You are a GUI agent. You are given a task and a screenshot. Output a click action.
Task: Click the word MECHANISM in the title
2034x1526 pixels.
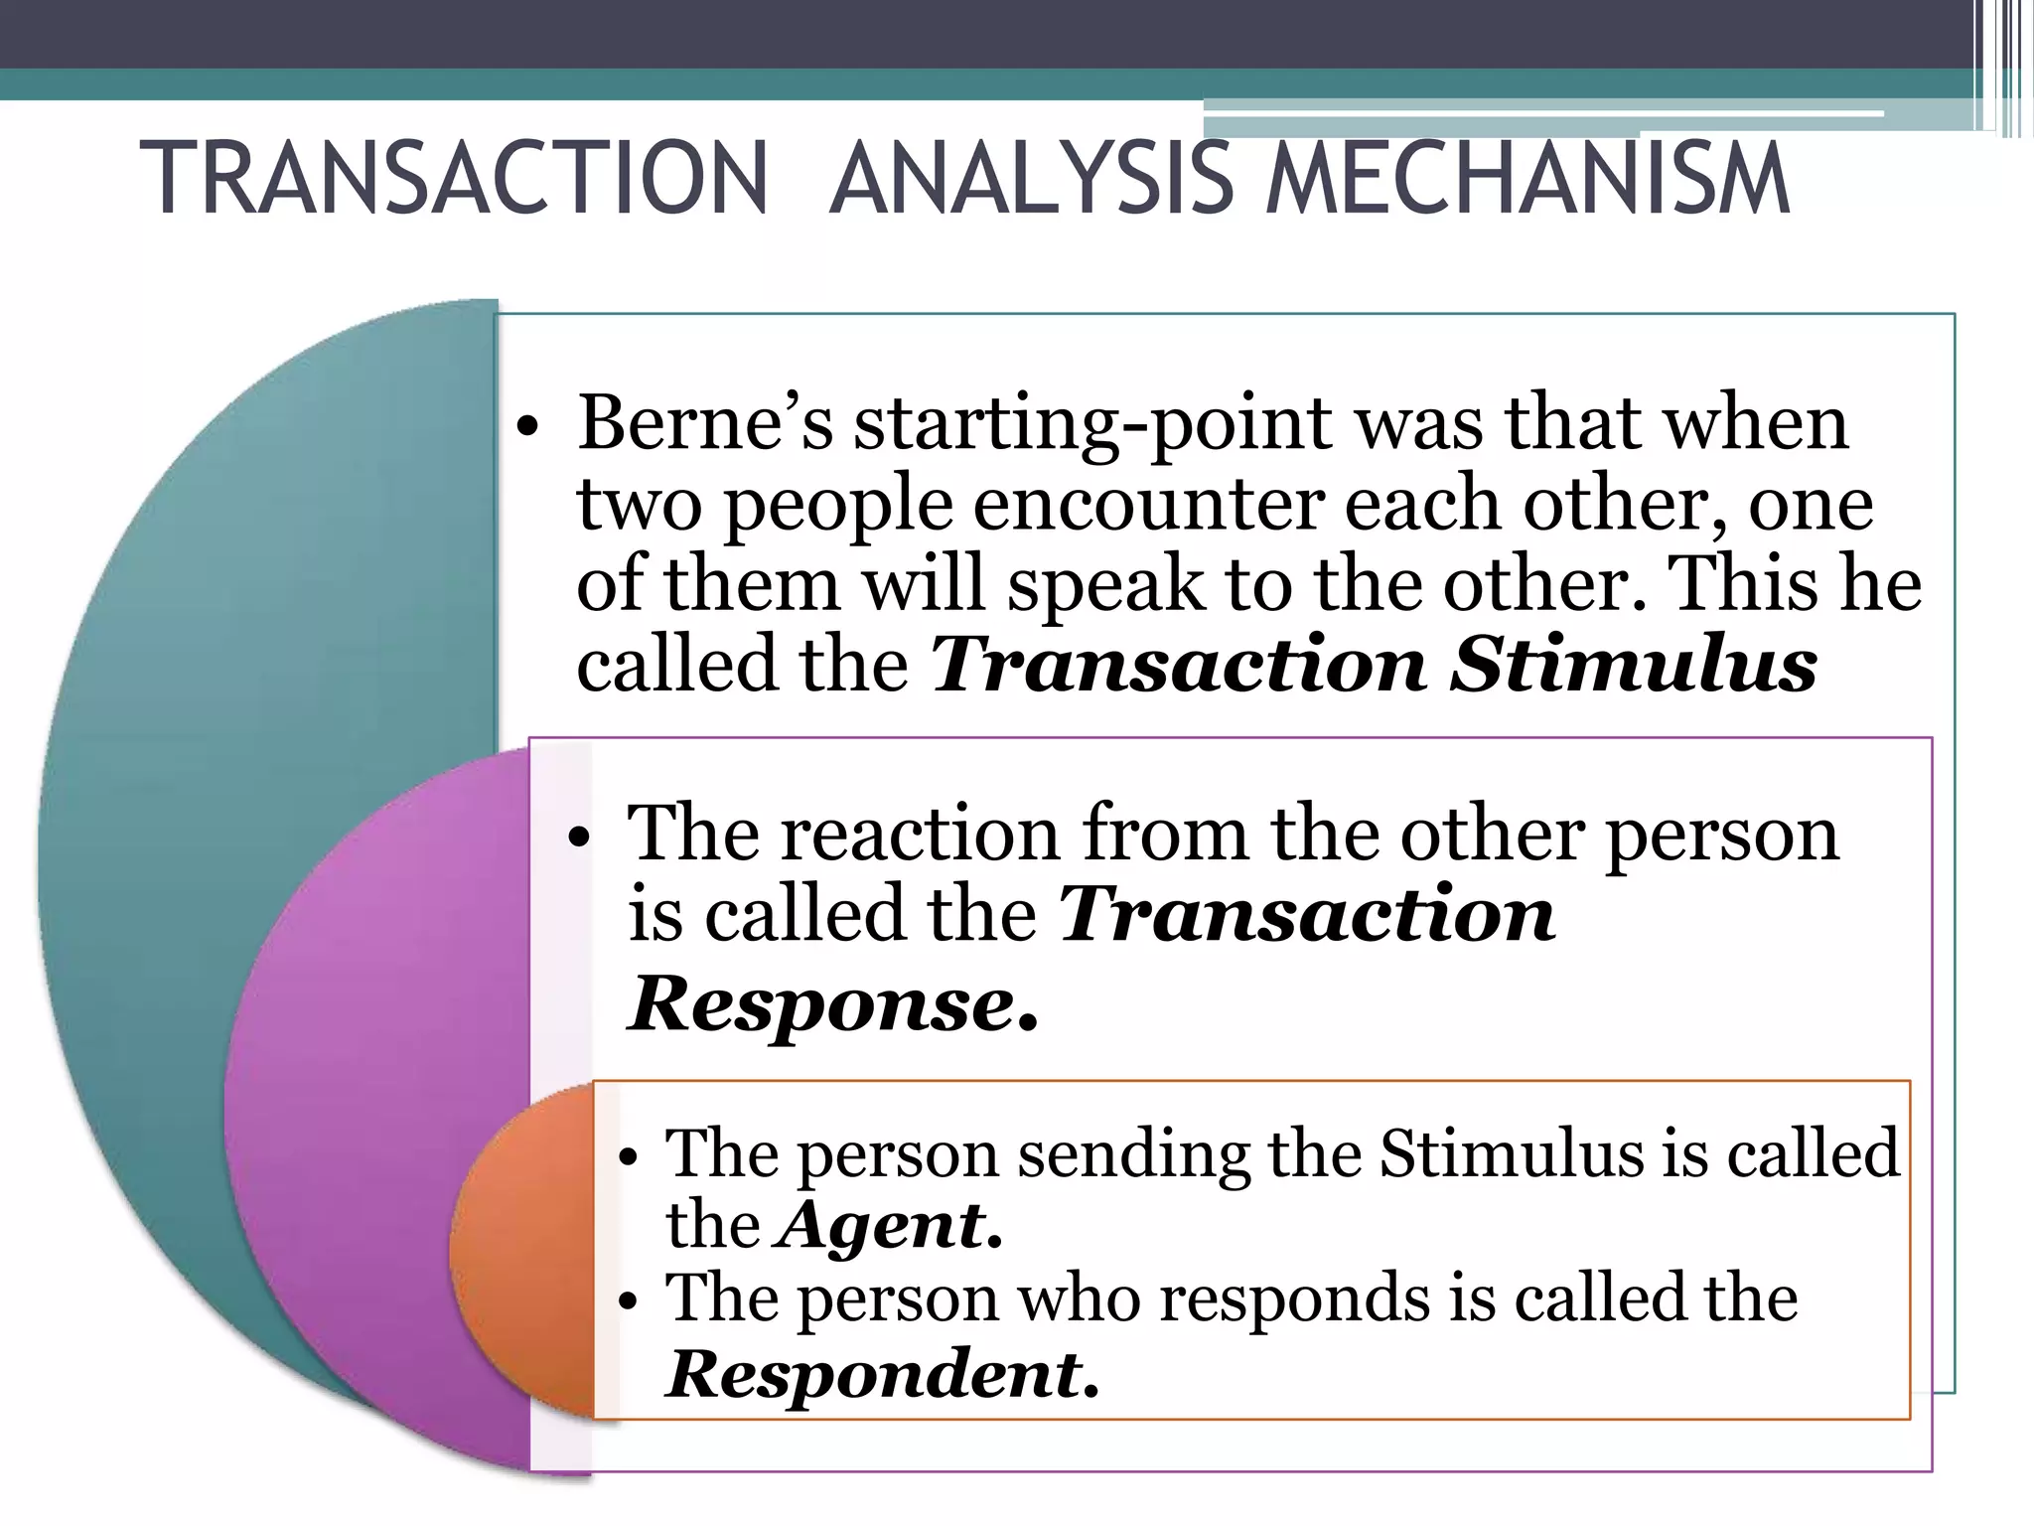click(1528, 179)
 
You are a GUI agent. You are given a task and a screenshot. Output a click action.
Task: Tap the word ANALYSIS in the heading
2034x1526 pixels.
click(1032, 179)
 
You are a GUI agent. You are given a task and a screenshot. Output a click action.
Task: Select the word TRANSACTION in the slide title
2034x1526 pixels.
click(454, 179)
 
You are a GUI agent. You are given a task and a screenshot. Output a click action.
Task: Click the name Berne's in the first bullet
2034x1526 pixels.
click(706, 423)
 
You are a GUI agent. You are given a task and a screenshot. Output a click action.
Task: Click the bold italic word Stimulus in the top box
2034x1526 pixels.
click(1634, 665)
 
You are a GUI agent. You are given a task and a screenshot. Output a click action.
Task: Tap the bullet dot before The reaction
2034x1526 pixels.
click(579, 838)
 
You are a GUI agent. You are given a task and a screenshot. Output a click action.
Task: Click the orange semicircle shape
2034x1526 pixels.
click(521, 1252)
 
